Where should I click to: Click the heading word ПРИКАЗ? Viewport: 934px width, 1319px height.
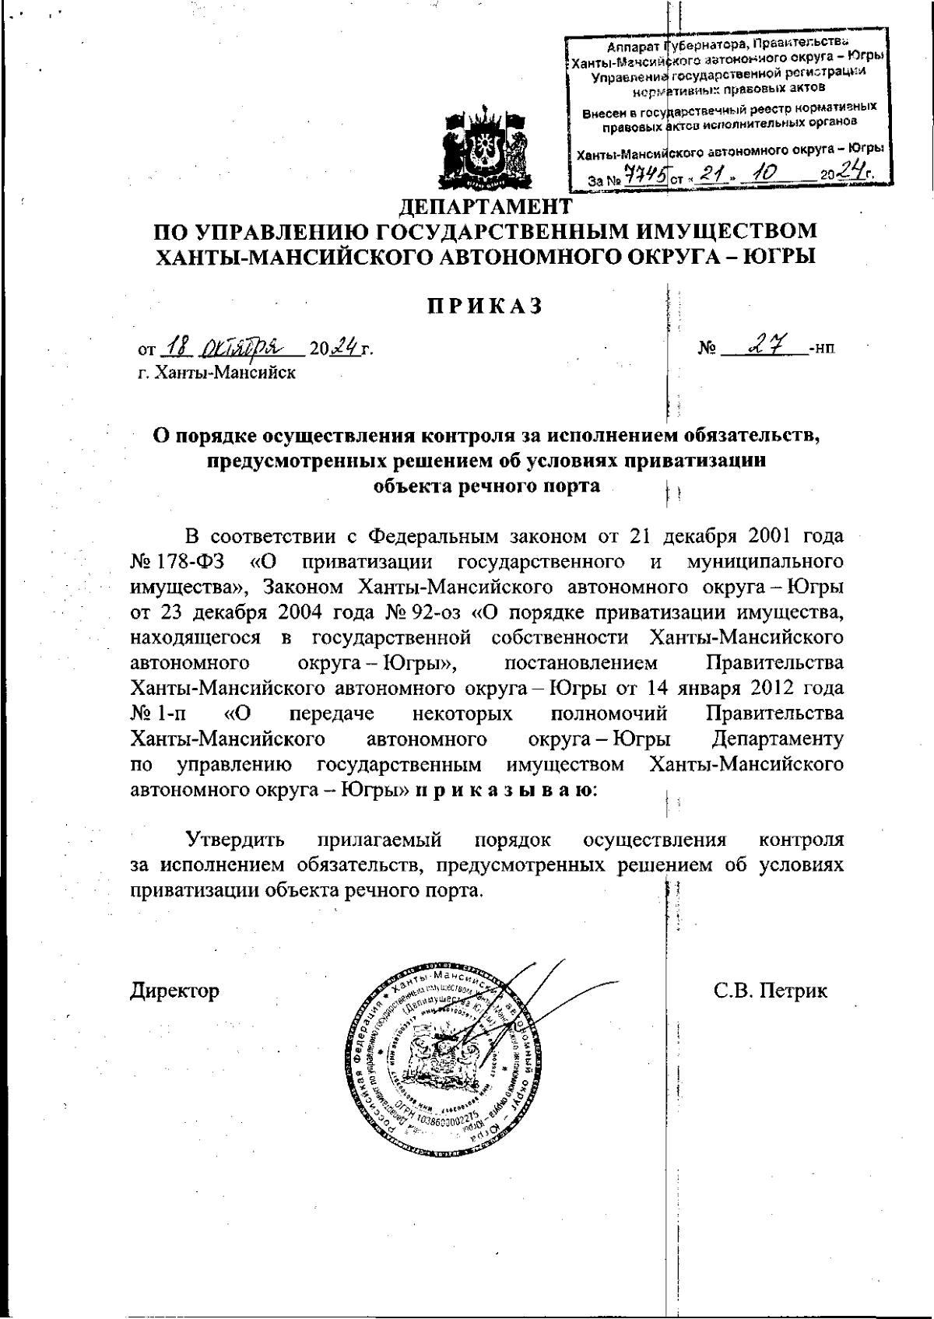click(x=483, y=306)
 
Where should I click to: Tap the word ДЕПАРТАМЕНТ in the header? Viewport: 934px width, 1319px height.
click(x=485, y=207)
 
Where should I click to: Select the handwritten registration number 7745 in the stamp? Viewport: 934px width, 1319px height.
click(x=648, y=177)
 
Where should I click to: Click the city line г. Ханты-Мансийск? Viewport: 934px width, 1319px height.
click(x=216, y=372)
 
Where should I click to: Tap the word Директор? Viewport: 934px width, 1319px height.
click(x=174, y=991)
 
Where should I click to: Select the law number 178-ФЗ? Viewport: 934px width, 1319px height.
click(x=188, y=561)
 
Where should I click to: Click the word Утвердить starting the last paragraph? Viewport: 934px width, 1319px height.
click(x=234, y=840)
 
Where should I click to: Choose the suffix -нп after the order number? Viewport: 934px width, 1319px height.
click(x=823, y=349)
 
